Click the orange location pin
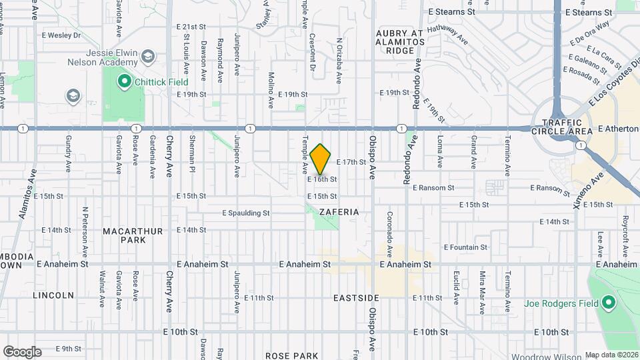pyautogui.click(x=321, y=159)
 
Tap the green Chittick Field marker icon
pyautogui.click(x=123, y=82)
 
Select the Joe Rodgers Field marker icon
pyautogui.click(x=608, y=303)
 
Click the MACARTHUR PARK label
pyautogui.click(x=133, y=235)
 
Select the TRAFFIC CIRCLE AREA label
pyautogui.click(x=567, y=127)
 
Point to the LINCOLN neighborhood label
pyautogui.click(x=53, y=295)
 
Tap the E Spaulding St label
pyautogui.click(x=245, y=213)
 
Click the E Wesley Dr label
pyautogui.click(x=61, y=35)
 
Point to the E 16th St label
pyautogui.click(x=322, y=179)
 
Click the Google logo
pyautogui.click(x=22, y=351)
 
